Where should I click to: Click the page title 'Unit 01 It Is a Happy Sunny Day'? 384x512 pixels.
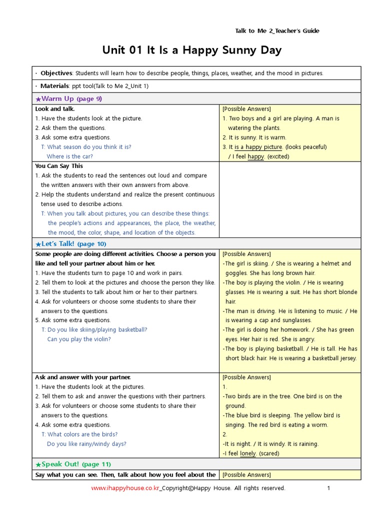click(192, 50)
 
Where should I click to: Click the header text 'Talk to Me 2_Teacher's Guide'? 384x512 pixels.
click(277, 31)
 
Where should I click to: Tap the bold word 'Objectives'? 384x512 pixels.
click(56, 73)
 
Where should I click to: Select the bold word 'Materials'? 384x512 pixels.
click(55, 86)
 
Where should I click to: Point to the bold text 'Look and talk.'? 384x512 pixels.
click(55, 109)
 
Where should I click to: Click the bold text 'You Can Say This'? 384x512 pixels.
click(59, 166)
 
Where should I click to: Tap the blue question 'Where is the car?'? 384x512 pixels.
click(69, 156)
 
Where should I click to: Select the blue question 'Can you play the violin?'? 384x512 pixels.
click(79, 339)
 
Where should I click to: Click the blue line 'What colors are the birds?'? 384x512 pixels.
click(82, 434)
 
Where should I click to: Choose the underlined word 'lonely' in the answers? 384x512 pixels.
click(248, 453)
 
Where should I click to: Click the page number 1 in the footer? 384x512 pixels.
click(328, 488)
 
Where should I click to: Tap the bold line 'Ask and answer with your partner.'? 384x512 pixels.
click(83, 377)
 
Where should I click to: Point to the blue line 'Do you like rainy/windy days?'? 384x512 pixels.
click(86, 444)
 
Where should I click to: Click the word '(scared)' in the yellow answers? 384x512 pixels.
click(270, 453)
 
